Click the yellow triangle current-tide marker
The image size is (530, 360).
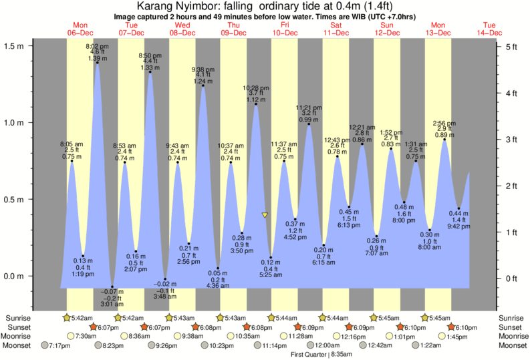click(x=265, y=215)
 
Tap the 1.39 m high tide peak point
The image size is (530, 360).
click(x=98, y=63)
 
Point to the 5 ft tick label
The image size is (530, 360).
click(x=511, y=47)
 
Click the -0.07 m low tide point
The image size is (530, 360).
click(x=112, y=287)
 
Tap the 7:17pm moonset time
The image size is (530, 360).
click(x=59, y=346)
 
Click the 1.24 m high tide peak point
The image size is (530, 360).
click(x=203, y=85)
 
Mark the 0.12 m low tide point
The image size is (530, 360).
click(x=271, y=258)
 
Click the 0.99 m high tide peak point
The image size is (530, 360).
click(x=308, y=124)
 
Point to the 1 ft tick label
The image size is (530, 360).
click(x=511, y=232)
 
